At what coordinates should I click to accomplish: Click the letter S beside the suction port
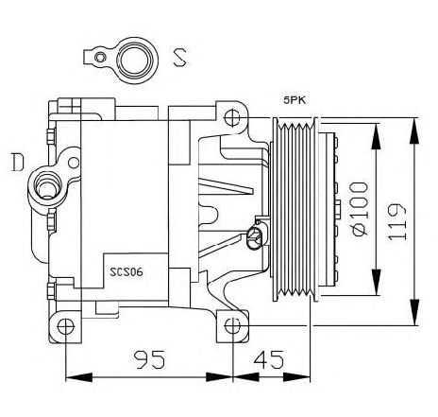click(x=180, y=57)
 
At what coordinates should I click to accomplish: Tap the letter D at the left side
click(x=17, y=162)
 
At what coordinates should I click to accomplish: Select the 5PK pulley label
click(x=295, y=100)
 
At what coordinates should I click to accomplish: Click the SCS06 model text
click(x=126, y=271)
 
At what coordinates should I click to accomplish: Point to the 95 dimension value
click(x=149, y=359)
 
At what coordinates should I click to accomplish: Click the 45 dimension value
click(x=269, y=359)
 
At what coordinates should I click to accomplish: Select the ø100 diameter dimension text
click(x=360, y=208)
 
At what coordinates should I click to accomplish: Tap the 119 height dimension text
click(x=396, y=221)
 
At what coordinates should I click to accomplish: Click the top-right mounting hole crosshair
click(x=232, y=117)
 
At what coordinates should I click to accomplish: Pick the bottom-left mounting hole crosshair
click(x=66, y=326)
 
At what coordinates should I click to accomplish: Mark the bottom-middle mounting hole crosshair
click(x=232, y=326)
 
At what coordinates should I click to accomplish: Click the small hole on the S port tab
click(x=100, y=58)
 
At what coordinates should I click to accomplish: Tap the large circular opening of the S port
click(x=137, y=61)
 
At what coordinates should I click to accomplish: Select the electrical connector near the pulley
click(x=256, y=238)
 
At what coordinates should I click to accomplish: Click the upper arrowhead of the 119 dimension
click(x=414, y=130)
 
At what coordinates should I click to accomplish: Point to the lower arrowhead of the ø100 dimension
click(x=376, y=283)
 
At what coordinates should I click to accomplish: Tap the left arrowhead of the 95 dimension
click(x=78, y=377)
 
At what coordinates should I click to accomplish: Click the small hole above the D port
click(x=74, y=163)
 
